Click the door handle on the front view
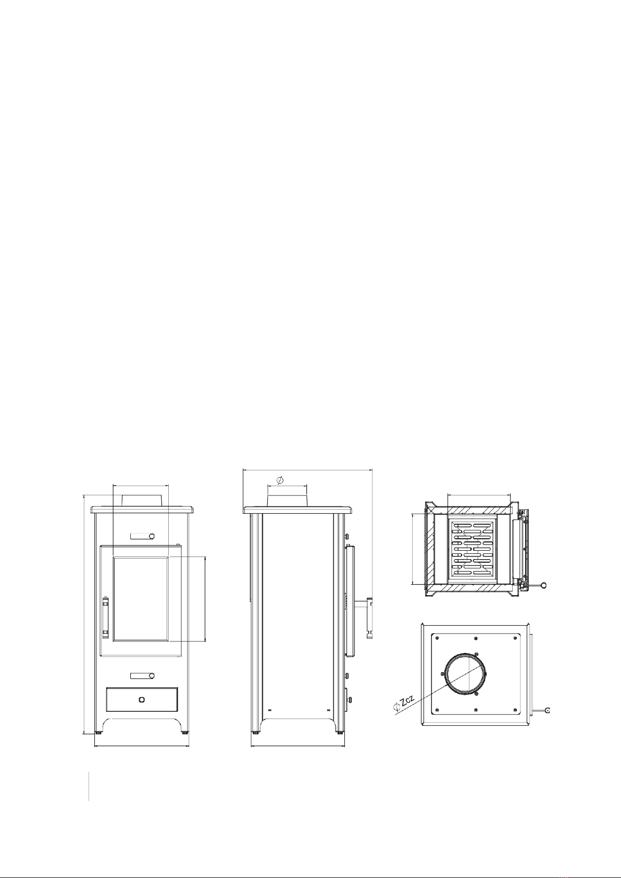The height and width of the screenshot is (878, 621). tap(105, 616)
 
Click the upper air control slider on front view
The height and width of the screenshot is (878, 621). tap(143, 536)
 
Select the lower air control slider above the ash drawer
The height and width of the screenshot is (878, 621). tap(143, 676)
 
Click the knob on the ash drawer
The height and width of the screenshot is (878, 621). tap(142, 700)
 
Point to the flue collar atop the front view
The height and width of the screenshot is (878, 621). tap(142, 500)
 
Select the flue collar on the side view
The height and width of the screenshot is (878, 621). tap(287, 500)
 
